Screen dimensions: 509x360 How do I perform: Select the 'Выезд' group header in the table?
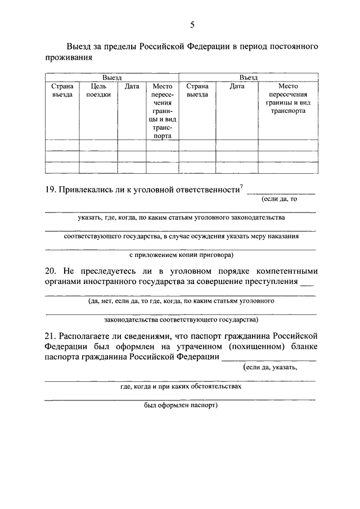coord(112,78)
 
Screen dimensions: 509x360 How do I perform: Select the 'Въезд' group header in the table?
coord(248,78)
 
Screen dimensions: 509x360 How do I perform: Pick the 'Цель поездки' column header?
coord(98,91)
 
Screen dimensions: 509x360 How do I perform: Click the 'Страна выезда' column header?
coord(197,91)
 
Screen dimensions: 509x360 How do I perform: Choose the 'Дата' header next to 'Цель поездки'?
coord(132,87)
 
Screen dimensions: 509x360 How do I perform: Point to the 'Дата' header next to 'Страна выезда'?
coord(237,87)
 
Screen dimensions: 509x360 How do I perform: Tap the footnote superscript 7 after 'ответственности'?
coord(241,187)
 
